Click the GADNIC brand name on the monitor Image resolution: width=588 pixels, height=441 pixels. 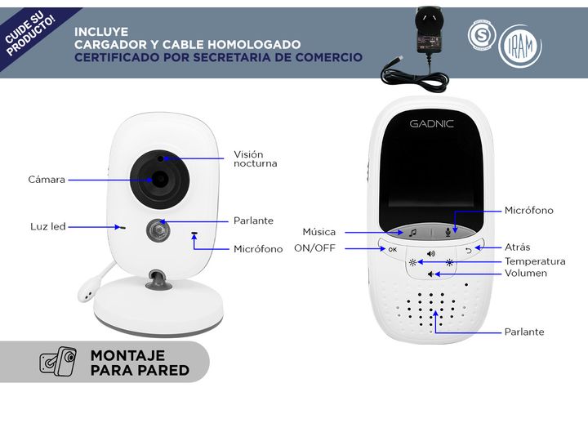point(432,124)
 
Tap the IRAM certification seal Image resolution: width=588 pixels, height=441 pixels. point(520,46)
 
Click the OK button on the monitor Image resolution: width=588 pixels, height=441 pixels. point(393,249)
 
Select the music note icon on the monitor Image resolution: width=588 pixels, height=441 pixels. point(412,233)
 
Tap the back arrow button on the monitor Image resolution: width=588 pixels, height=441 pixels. point(469,251)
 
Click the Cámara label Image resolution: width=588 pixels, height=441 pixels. point(47,180)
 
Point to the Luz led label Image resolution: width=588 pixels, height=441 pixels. point(48,226)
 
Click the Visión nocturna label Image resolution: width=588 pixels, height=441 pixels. point(256,159)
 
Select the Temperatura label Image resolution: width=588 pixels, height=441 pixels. point(535,261)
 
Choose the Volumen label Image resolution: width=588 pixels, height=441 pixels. point(526,273)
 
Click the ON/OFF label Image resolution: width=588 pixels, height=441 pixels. point(314,248)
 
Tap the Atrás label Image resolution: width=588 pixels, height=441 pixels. point(518,247)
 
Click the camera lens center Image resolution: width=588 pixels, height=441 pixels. point(160,179)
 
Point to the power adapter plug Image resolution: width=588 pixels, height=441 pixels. point(428,32)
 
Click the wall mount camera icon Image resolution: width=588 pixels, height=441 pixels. point(58,361)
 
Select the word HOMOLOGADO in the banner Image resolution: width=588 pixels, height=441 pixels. point(254,45)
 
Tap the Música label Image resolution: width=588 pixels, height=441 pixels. point(319,232)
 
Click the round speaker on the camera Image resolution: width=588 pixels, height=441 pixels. point(158,229)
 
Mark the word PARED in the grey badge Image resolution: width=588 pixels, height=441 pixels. point(164,370)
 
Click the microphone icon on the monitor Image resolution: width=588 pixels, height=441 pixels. point(448,233)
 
